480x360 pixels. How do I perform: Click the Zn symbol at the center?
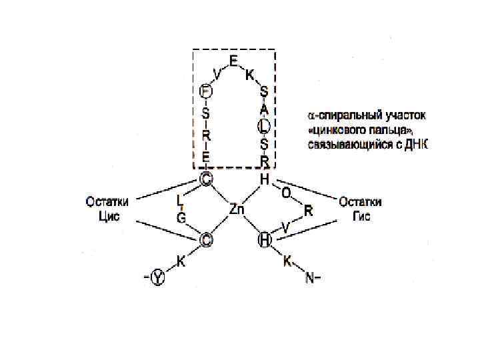tap(237, 209)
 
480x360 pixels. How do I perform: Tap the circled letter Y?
tap(158, 277)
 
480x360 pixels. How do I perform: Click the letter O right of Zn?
tap(286, 193)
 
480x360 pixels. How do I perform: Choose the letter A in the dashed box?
tap(264, 108)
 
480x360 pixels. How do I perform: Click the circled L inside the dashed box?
tap(264, 125)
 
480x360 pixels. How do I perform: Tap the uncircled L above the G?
tap(181, 199)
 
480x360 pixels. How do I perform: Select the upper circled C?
tap(206, 179)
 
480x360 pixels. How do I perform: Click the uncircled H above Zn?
tap(264, 179)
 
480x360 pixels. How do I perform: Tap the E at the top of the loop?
tap(233, 61)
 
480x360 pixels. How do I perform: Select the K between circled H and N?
tap(287, 261)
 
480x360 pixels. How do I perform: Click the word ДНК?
tap(417, 144)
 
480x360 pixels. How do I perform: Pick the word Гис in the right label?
tap(360, 217)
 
